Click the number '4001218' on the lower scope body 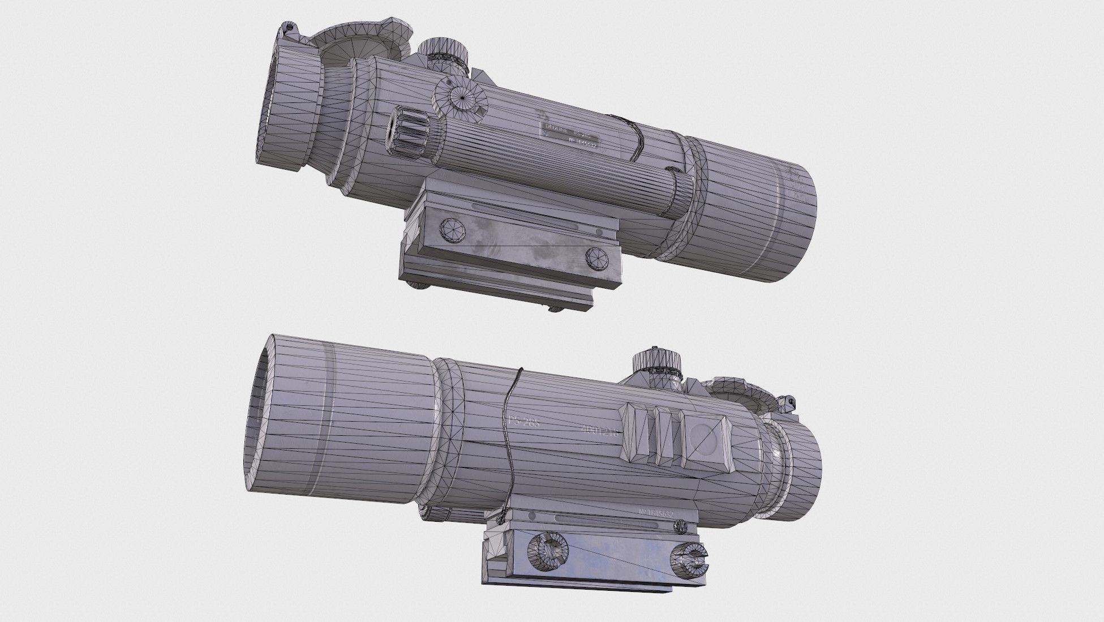600,431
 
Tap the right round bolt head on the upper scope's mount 597,259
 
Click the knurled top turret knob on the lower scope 657,363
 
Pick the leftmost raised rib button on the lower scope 633,433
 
